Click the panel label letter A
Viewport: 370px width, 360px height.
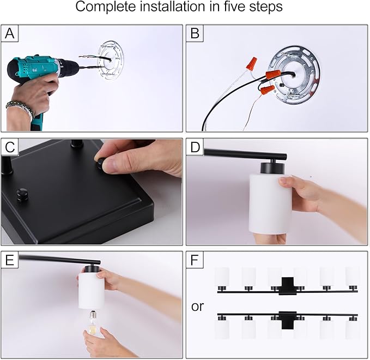(x=10, y=33)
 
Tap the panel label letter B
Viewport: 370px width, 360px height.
(x=195, y=33)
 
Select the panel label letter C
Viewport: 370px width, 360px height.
(x=10, y=147)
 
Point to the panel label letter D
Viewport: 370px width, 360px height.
(x=195, y=147)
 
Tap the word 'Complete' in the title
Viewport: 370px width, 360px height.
(x=106, y=7)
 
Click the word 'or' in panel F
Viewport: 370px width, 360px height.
(x=197, y=307)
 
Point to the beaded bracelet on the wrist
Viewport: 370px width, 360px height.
(x=20, y=110)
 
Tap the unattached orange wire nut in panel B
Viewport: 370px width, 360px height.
(x=251, y=63)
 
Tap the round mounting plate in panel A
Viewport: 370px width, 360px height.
(x=111, y=60)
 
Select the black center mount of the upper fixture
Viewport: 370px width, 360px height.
(x=287, y=286)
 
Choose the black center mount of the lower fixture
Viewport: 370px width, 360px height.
(x=287, y=320)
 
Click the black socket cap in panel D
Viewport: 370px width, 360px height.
(x=272, y=167)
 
